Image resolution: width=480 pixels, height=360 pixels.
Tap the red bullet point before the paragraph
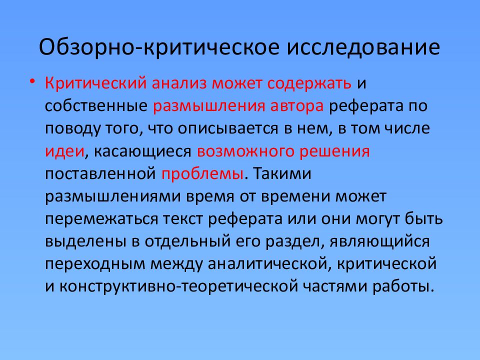32,81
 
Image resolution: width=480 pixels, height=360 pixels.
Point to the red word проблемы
203,175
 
